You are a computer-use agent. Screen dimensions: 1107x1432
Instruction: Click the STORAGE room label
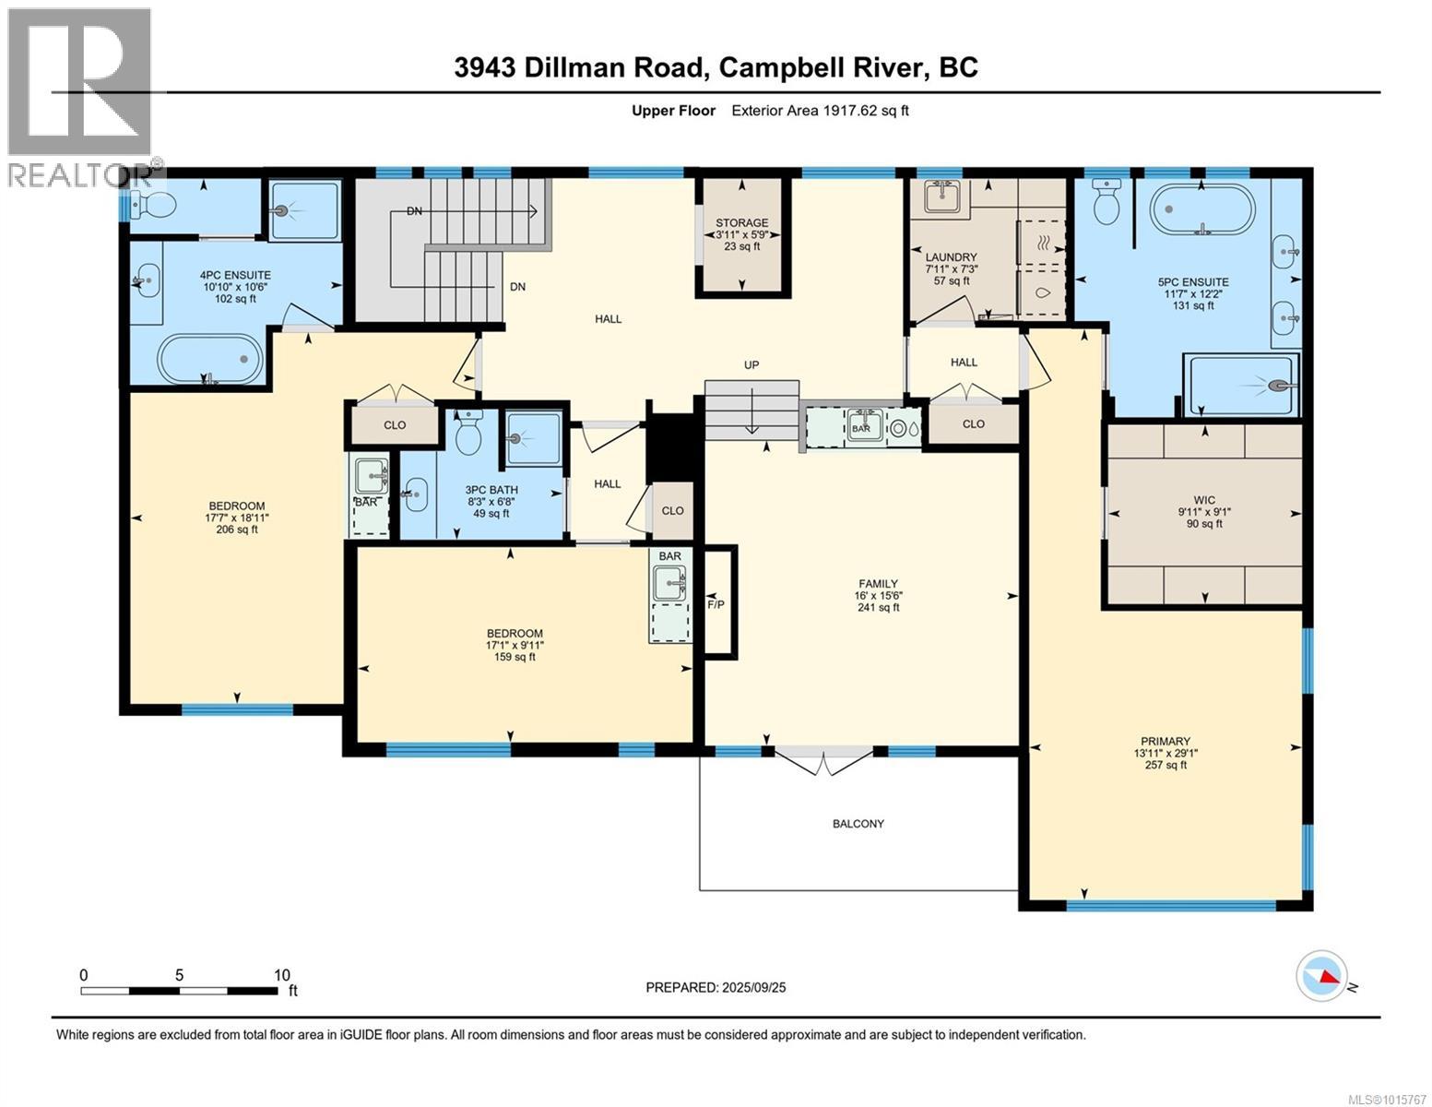coord(741,222)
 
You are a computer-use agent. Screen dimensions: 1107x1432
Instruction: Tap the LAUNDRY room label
coord(951,257)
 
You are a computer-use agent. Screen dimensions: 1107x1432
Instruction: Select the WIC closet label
coord(1204,500)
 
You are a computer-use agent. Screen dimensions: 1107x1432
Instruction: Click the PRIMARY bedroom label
coord(1166,741)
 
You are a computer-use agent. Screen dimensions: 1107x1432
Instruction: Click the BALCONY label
coord(858,824)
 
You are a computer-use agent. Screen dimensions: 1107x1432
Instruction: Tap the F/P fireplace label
coord(716,605)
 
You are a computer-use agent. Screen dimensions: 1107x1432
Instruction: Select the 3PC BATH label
coord(491,490)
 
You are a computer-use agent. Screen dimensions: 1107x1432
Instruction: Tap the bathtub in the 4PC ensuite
coord(210,358)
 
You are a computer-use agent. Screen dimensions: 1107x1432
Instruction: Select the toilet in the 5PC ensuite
coord(1105,201)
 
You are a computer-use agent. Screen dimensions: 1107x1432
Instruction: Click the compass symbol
coord(1321,975)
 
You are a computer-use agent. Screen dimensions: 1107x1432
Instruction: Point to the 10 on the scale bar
coord(281,975)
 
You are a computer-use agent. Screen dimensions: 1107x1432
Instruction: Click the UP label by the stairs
coord(752,365)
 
